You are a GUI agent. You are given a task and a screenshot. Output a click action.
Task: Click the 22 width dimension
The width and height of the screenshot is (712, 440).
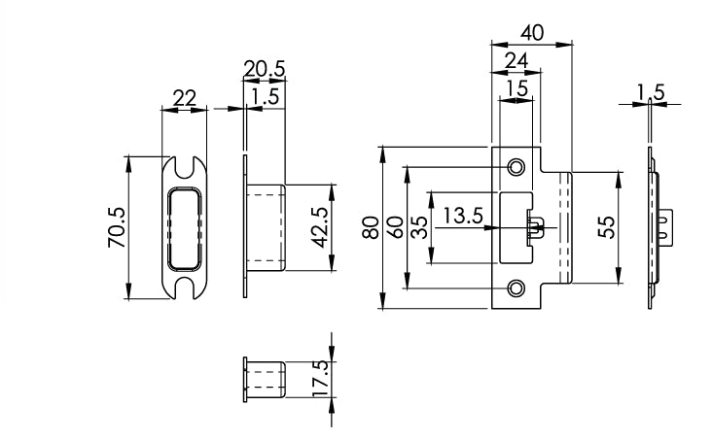(184, 97)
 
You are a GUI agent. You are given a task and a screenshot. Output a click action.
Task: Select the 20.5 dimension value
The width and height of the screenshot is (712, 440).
(264, 68)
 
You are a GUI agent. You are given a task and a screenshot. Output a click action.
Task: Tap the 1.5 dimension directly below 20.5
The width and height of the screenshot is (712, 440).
(265, 95)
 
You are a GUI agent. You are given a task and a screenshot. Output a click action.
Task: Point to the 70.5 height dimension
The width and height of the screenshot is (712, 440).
(115, 228)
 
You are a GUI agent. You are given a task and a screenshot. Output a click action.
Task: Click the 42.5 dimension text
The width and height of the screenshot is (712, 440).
(318, 228)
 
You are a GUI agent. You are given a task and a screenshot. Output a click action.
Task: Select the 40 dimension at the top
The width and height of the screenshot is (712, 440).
(531, 32)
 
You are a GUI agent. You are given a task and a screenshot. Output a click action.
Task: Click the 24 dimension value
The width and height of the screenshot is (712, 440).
(516, 61)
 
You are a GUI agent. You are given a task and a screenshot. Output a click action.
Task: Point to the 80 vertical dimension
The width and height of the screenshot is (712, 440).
(371, 228)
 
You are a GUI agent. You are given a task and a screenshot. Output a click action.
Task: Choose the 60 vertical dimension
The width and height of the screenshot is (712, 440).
(395, 228)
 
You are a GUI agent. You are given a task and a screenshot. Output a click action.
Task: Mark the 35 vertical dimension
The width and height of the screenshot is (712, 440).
(418, 228)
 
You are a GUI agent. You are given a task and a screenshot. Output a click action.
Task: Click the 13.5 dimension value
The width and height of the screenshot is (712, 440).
(463, 216)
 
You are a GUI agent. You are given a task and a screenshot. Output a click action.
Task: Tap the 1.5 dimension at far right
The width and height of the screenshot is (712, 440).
(651, 92)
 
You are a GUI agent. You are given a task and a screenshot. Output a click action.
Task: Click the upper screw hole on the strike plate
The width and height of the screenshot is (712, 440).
(516, 167)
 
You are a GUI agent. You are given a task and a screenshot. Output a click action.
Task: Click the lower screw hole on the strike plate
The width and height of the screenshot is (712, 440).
(516, 288)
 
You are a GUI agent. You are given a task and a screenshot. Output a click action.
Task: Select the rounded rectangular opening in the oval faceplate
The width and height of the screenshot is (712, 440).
(184, 228)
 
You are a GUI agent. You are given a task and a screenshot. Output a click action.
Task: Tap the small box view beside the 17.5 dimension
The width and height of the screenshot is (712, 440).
(263, 378)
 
